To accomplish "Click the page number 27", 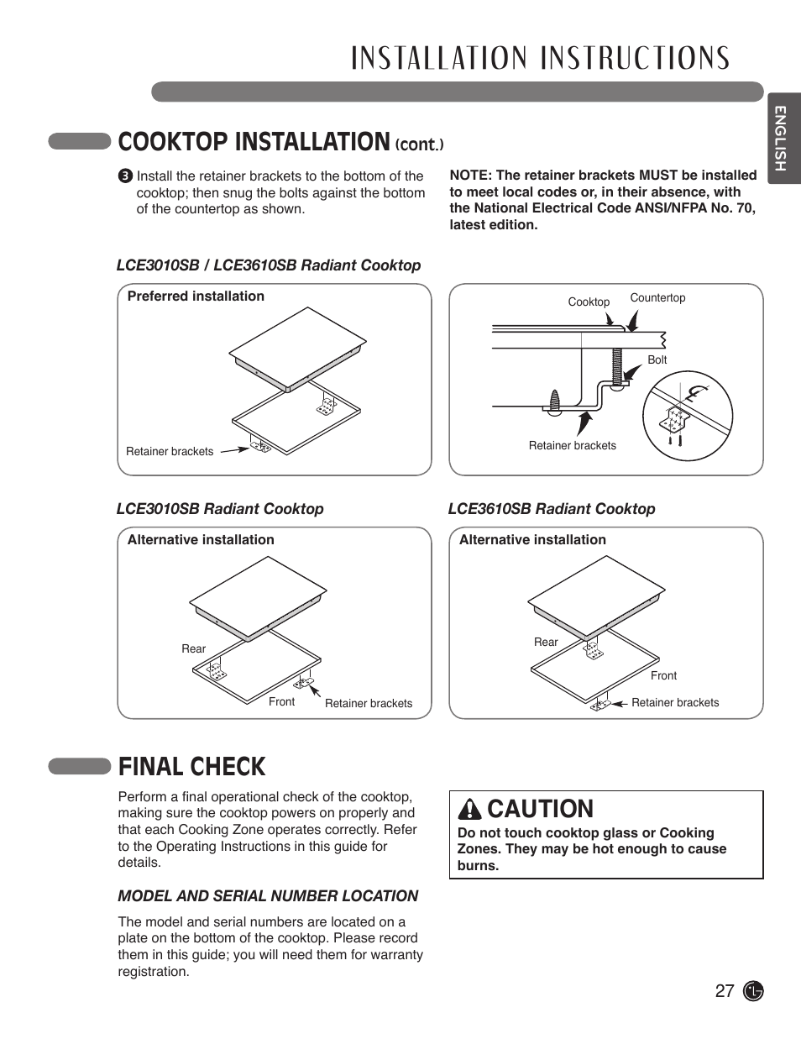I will tap(724, 990).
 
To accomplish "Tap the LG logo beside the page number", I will tap(754, 991).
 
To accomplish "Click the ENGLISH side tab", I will tap(780, 139).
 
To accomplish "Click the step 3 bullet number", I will tap(125, 176).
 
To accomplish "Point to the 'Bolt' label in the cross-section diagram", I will tap(657, 359).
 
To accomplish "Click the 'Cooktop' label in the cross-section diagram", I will tap(589, 302).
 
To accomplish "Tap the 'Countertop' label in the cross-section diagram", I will tap(657, 297).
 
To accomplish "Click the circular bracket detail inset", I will tap(687, 415).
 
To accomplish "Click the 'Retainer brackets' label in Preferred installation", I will tap(170, 451).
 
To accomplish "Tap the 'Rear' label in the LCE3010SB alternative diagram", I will tap(193, 648).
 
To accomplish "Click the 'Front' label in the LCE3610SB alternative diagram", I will tap(663, 675).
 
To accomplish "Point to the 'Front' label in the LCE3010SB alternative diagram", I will tap(281, 701).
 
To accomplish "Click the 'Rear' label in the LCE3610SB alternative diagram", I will tap(546, 642).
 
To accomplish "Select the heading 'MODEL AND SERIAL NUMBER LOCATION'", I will tap(268, 896).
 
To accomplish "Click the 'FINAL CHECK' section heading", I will tap(191, 766).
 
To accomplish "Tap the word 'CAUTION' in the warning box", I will tap(540, 809).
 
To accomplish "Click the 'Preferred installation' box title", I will tap(196, 296).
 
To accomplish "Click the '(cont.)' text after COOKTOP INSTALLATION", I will tap(419, 144).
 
